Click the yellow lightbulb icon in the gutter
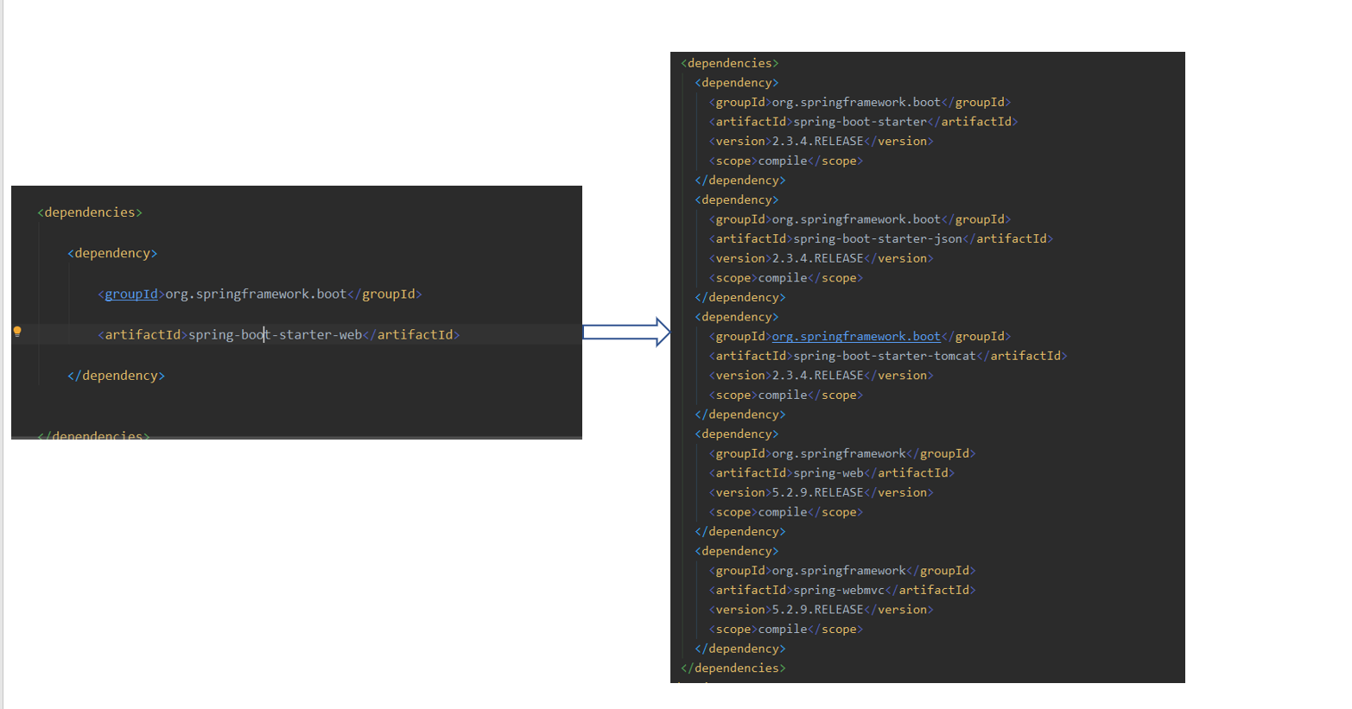point(17,332)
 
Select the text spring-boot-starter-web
point(276,335)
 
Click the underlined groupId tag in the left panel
point(131,294)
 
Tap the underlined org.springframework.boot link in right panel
point(856,337)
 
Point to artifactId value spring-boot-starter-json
point(877,239)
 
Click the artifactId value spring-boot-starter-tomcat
point(884,356)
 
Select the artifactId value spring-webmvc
point(839,591)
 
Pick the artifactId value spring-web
point(828,473)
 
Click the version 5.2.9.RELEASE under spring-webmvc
point(817,610)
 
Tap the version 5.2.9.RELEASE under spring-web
point(817,493)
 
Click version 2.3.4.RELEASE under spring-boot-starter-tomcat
point(817,376)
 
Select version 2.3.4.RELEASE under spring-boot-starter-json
point(817,258)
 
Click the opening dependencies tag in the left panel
point(90,212)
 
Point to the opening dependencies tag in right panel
point(729,63)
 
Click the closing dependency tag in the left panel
point(116,376)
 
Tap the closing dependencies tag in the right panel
point(733,668)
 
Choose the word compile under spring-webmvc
point(783,630)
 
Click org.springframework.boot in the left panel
point(256,294)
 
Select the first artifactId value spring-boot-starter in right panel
point(860,122)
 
